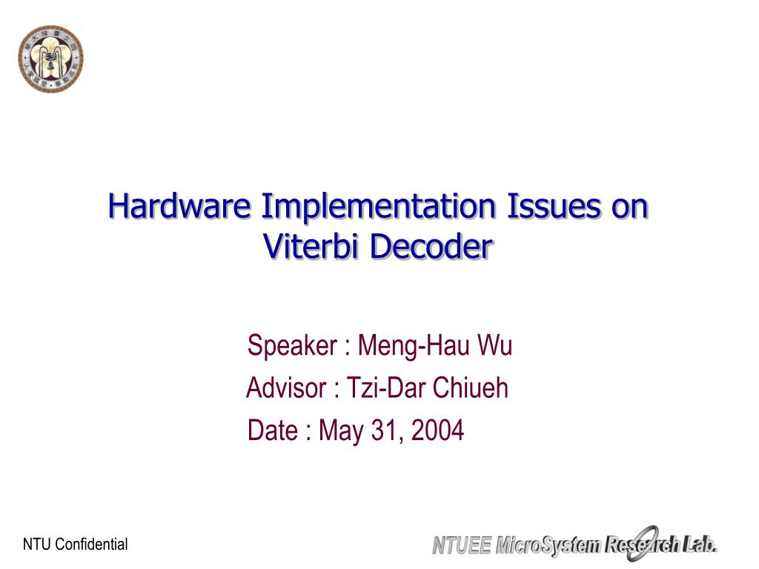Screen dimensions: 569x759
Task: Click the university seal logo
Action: coord(50,59)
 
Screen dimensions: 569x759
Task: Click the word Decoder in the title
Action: coord(431,247)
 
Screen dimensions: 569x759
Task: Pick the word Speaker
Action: coord(290,345)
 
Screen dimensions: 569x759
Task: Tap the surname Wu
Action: coord(495,345)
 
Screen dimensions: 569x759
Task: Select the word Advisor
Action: coord(285,387)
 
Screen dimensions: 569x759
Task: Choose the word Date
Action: coord(272,430)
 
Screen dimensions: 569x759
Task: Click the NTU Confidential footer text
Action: coord(76,545)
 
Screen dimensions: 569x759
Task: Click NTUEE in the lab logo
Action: coord(462,547)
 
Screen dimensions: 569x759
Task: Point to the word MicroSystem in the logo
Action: coord(548,547)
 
